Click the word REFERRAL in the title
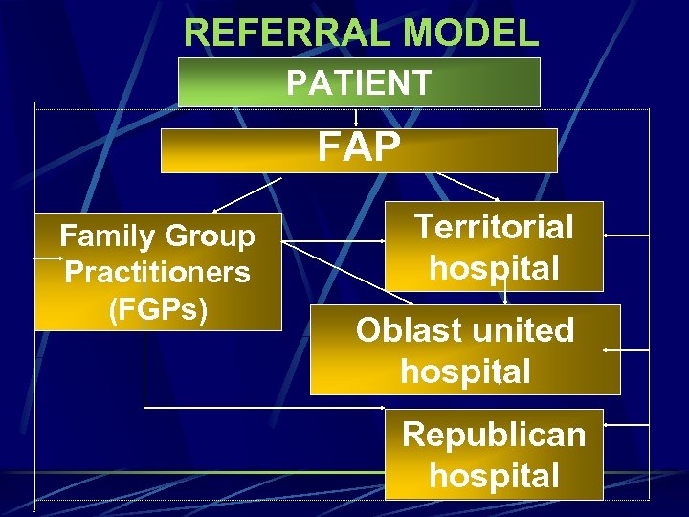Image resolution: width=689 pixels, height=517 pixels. [288, 33]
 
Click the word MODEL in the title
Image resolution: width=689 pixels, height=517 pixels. [472, 33]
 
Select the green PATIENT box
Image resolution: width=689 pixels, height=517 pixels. [359, 82]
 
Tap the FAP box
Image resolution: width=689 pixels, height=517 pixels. [359, 150]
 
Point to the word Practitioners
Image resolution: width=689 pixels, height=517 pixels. [157, 273]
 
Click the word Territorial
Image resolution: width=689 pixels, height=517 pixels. [494, 227]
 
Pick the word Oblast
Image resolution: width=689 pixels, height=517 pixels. [410, 330]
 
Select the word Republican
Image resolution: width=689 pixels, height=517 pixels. [494, 434]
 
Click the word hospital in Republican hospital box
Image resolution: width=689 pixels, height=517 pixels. [494, 475]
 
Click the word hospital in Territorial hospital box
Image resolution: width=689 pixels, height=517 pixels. [494, 267]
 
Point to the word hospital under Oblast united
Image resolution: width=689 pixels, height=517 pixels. [465, 371]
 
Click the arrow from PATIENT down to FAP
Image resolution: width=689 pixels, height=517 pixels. [357, 118]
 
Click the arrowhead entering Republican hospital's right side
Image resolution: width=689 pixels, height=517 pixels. [610, 425]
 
